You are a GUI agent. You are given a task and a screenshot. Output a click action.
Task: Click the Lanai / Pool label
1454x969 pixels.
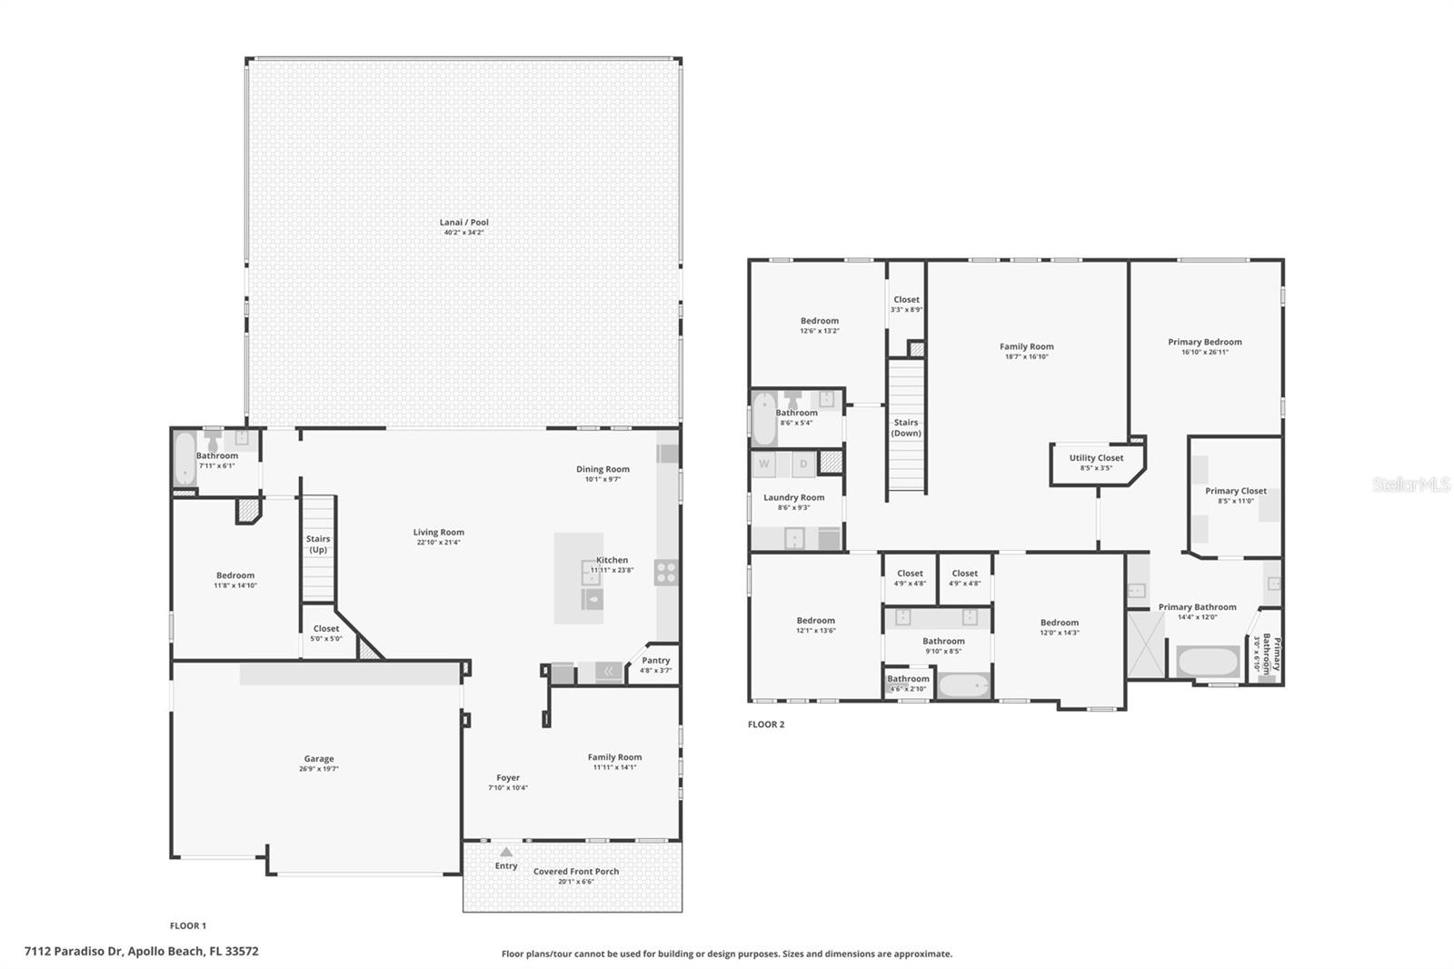point(463,223)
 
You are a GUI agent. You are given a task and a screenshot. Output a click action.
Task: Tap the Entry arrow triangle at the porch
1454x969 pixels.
point(506,852)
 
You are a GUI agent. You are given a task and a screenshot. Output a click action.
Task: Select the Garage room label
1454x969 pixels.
point(318,759)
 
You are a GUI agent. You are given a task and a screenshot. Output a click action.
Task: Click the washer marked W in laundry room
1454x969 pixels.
point(764,465)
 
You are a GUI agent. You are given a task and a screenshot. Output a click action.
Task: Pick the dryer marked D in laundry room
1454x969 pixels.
point(803,465)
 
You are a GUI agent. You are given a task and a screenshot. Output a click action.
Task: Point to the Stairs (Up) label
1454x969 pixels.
point(318,544)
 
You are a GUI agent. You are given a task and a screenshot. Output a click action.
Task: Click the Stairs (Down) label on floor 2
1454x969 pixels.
point(906,427)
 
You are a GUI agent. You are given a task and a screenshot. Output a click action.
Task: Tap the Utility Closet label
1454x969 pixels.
point(1096,458)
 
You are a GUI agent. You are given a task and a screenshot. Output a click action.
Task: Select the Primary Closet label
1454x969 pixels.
point(1235,491)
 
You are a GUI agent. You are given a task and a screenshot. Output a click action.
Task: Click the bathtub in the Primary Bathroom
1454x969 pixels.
point(1208,661)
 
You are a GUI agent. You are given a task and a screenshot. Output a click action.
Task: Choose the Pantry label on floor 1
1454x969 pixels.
point(655,661)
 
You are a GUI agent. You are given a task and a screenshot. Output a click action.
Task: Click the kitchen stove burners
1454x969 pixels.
point(666,573)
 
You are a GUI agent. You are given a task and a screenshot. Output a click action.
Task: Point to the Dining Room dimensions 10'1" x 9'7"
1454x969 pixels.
point(603,479)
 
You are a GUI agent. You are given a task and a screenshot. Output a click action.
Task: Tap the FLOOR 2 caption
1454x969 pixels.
point(765,724)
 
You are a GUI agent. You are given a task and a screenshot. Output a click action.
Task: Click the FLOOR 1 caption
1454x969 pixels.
point(188,925)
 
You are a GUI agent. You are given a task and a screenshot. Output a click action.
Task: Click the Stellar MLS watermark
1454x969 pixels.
point(1410,484)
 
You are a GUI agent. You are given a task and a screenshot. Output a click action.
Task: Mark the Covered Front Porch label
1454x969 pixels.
point(576,871)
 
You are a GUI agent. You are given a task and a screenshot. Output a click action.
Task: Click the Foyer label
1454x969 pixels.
point(508,778)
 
